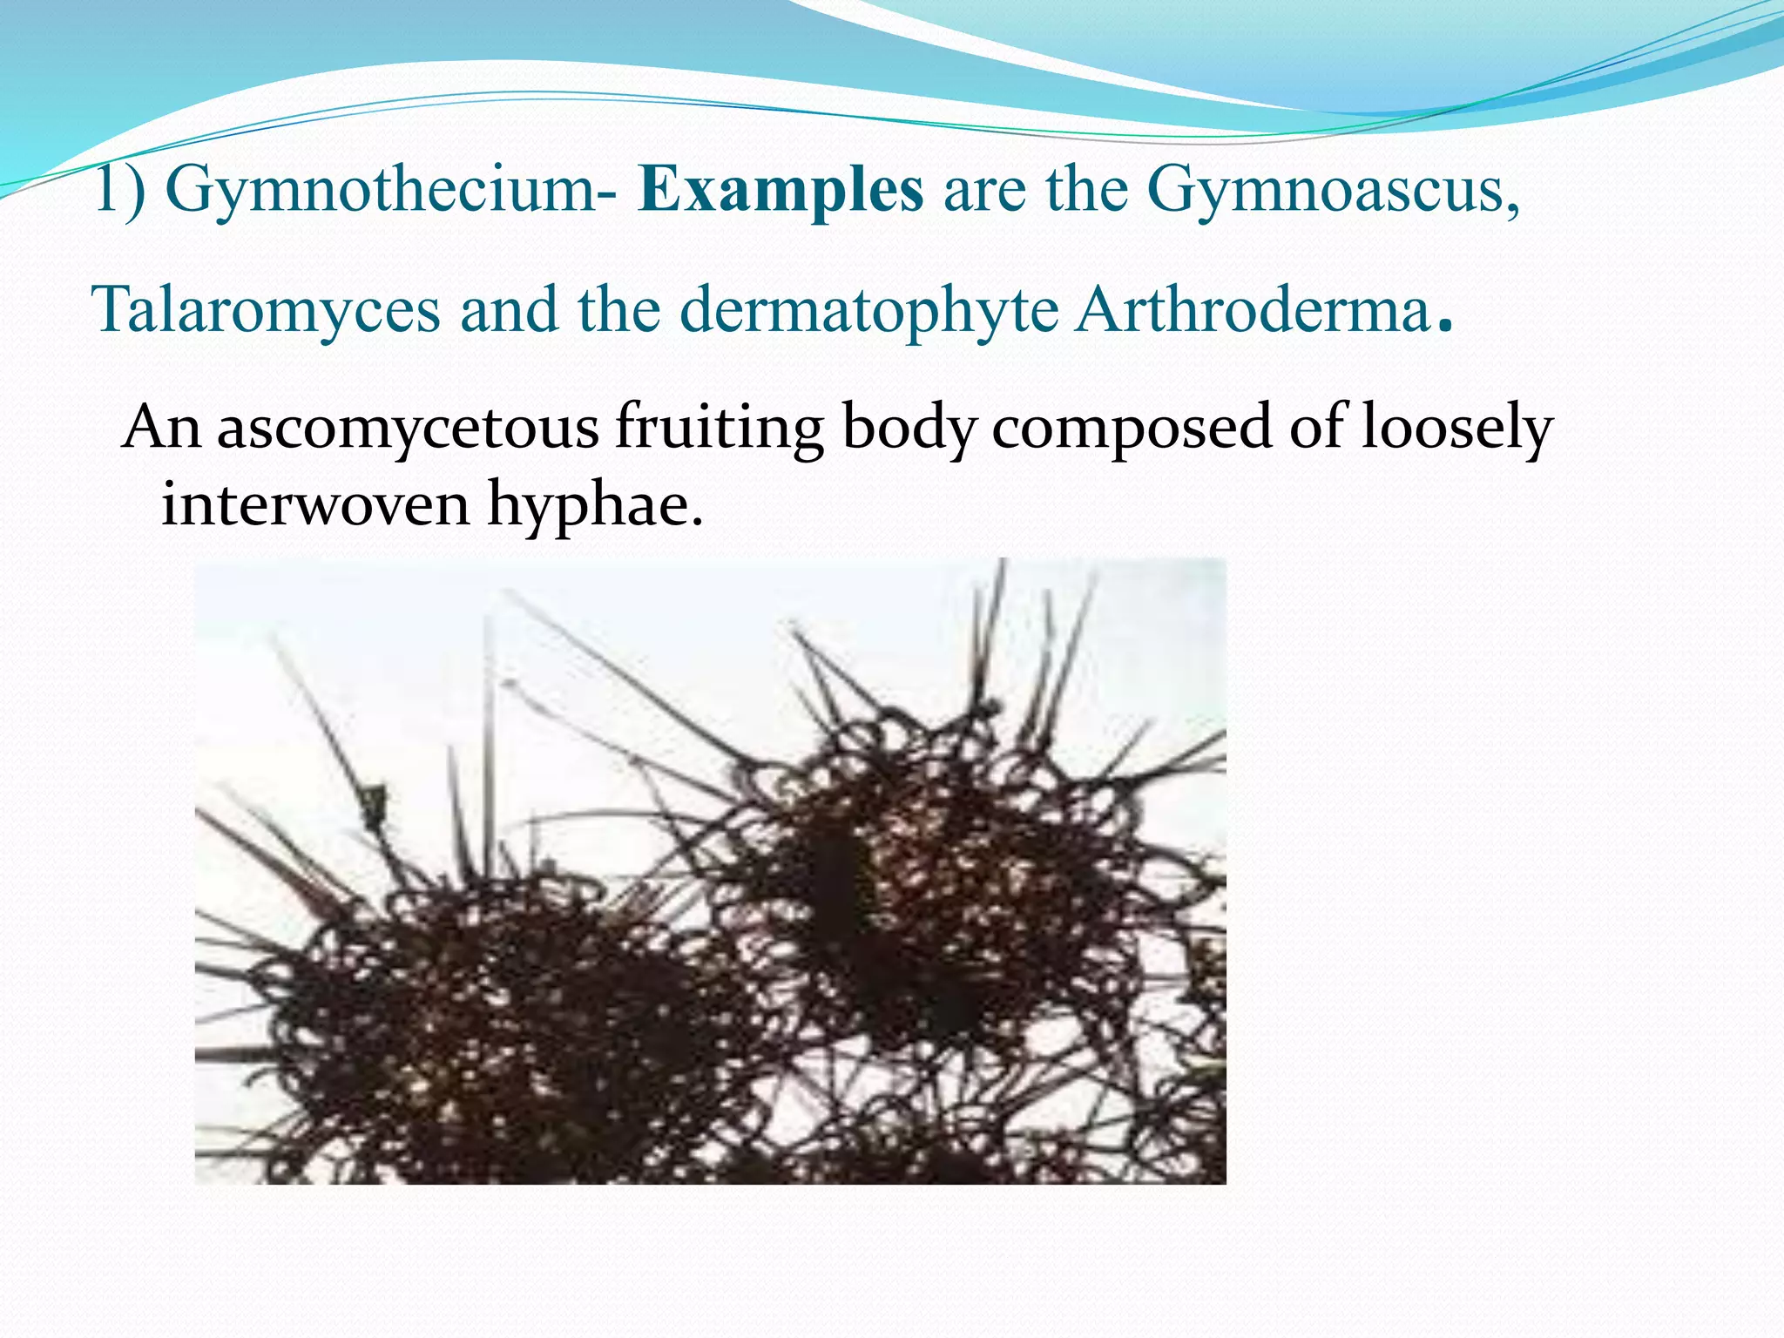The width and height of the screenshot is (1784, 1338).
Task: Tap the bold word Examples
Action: [780, 190]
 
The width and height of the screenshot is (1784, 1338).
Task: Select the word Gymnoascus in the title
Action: [1333, 190]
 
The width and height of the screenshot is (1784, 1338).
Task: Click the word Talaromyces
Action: [266, 311]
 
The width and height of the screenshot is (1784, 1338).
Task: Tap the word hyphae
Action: [592, 505]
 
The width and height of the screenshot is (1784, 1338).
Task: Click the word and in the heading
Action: [509, 311]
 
